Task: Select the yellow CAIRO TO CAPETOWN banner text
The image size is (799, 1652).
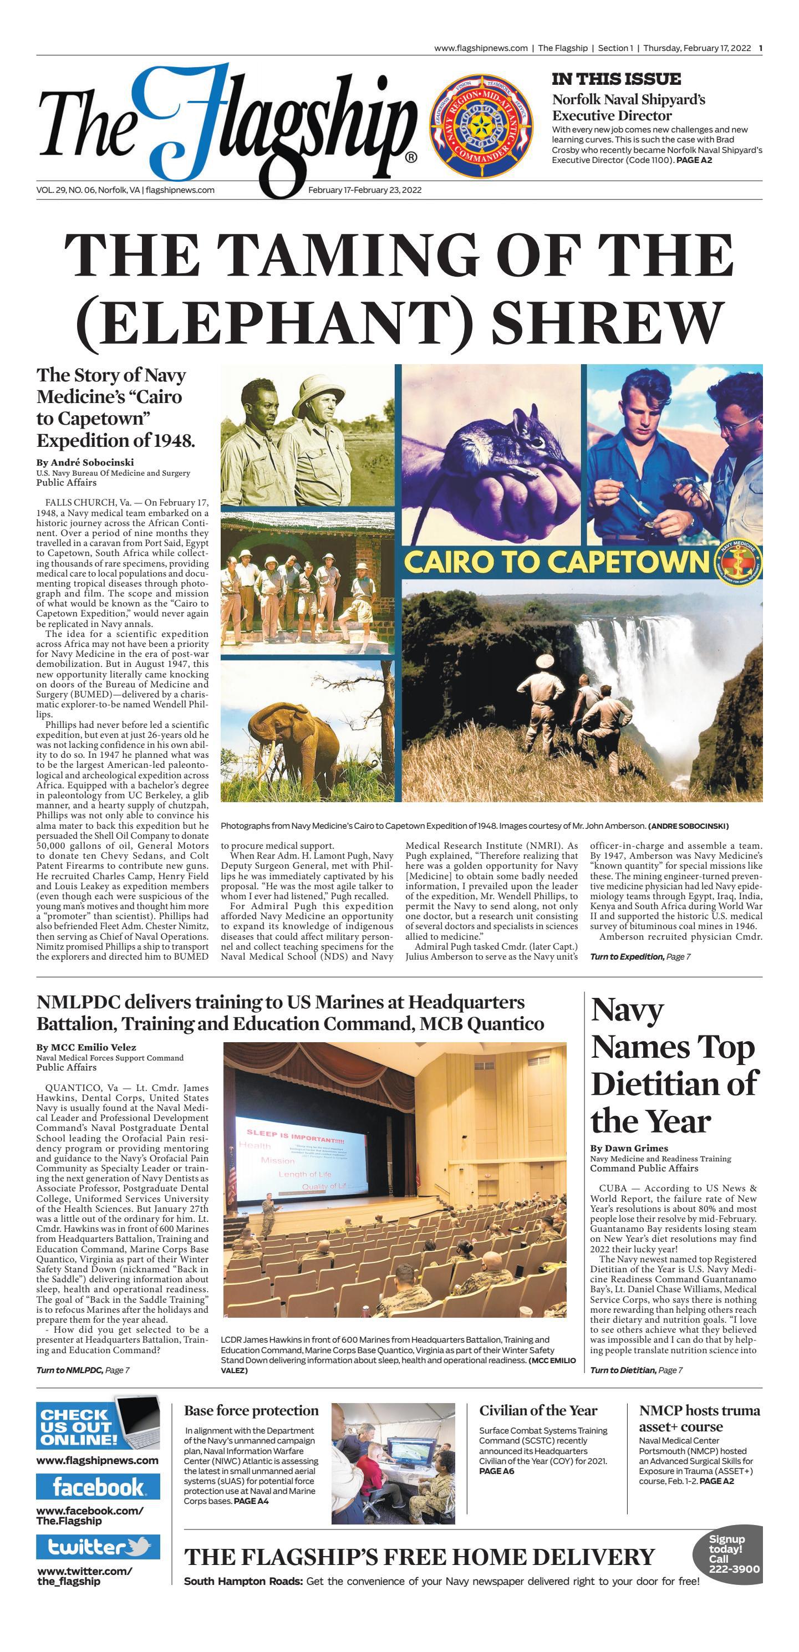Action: click(557, 561)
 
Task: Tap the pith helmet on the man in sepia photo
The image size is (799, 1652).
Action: click(319, 400)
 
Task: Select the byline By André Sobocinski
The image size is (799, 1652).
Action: click(85, 462)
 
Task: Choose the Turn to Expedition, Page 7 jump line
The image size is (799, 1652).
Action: click(640, 957)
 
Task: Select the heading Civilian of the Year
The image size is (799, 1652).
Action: click(538, 1411)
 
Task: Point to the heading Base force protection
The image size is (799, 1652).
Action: click(251, 1411)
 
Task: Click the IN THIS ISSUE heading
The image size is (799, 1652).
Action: click(615, 79)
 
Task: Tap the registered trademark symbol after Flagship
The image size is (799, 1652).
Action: click(411, 157)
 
